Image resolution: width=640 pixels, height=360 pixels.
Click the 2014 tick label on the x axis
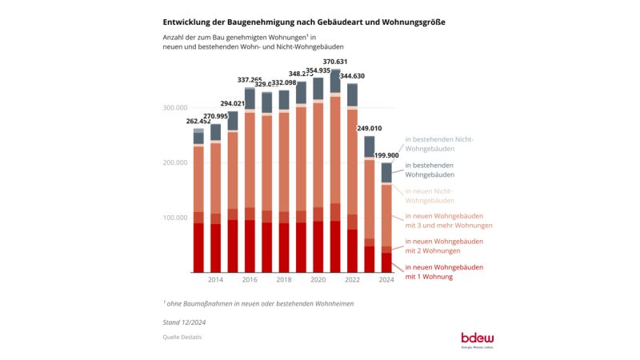(x=215, y=279)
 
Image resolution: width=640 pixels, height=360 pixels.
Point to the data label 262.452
(x=199, y=122)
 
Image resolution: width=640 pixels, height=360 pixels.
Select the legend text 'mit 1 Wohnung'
(x=429, y=277)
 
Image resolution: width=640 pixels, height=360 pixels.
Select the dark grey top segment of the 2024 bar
(x=387, y=173)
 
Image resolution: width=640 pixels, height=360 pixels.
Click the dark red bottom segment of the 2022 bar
(x=353, y=250)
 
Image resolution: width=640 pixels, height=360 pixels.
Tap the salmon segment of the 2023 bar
(x=370, y=199)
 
